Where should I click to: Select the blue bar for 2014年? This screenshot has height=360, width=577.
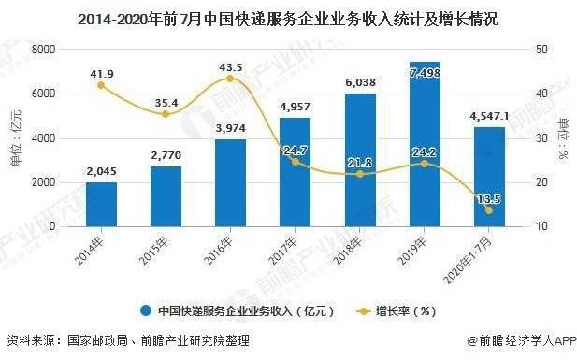tap(101, 204)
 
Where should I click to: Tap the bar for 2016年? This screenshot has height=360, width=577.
tap(230, 183)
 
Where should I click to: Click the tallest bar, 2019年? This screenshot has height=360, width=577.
tap(424, 145)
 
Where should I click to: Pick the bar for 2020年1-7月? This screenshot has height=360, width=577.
tap(488, 177)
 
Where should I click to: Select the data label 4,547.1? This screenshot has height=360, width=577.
tap(488, 117)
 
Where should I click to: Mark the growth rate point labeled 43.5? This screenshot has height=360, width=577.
tap(230, 79)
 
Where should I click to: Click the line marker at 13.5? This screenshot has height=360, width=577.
tap(488, 210)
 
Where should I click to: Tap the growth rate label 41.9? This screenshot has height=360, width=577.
tap(101, 72)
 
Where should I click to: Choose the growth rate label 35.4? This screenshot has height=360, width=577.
tap(166, 102)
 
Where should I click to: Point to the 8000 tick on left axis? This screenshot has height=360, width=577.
tap(43, 50)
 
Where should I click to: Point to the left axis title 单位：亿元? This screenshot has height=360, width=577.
tap(15, 137)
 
